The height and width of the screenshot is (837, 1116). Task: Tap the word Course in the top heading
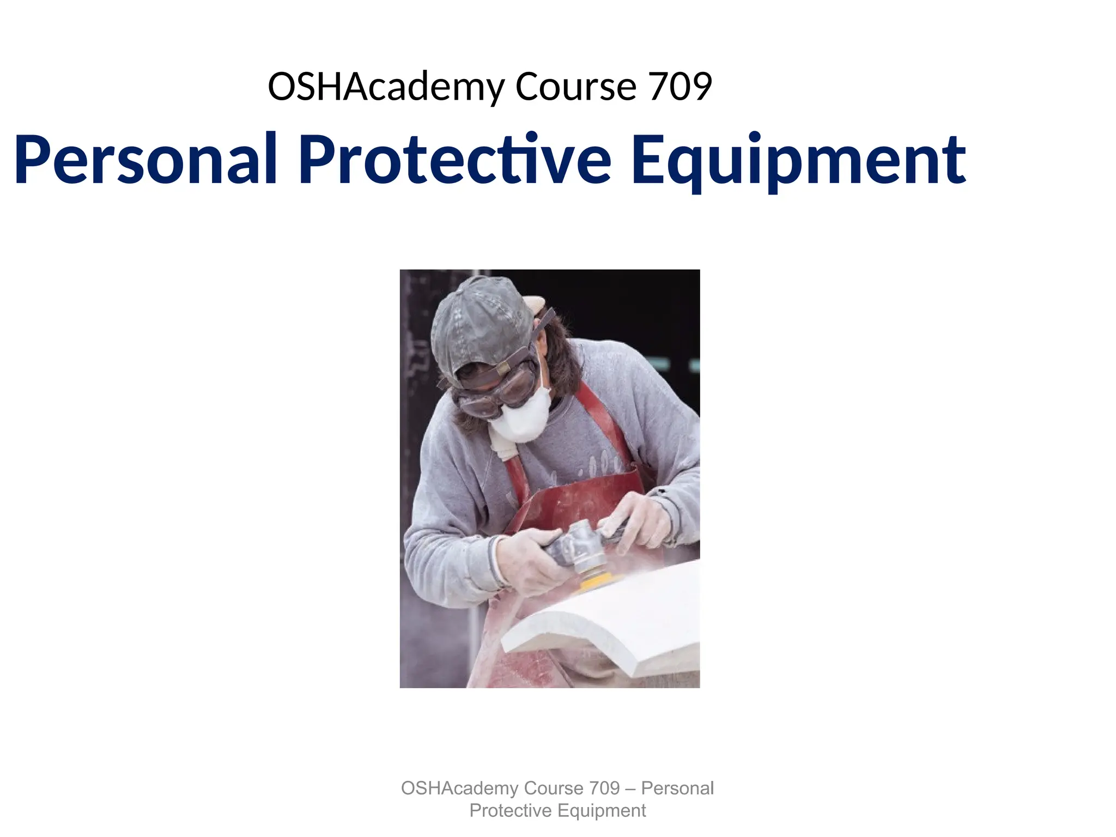tap(575, 87)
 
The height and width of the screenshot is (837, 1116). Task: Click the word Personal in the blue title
tap(146, 160)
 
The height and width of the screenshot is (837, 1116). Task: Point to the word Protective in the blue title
tap(455, 160)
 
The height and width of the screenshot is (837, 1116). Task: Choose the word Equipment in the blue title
tap(798, 161)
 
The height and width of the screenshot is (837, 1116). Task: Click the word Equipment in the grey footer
tap(602, 811)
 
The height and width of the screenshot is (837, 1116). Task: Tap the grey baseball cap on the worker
tap(480, 327)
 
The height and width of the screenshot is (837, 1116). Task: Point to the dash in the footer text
tap(630, 789)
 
